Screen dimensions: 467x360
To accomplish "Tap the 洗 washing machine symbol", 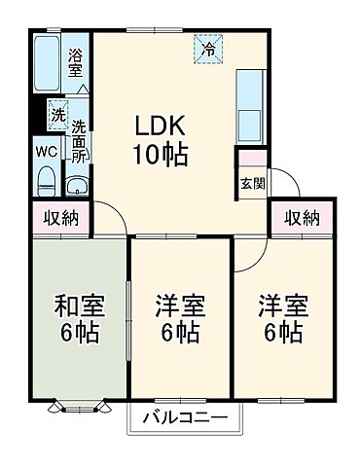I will (x=57, y=115).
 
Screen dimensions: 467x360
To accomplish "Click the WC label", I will (x=46, y=151).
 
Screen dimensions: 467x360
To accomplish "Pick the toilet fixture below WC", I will (x=46, y=181).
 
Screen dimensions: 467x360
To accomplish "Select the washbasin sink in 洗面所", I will (x=77, y=185).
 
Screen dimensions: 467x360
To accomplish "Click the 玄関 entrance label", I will (x=251, y=181).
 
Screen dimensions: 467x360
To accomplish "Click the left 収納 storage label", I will (x=61, y=219).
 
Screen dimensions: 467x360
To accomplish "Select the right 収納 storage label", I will (x=302, y=219).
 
